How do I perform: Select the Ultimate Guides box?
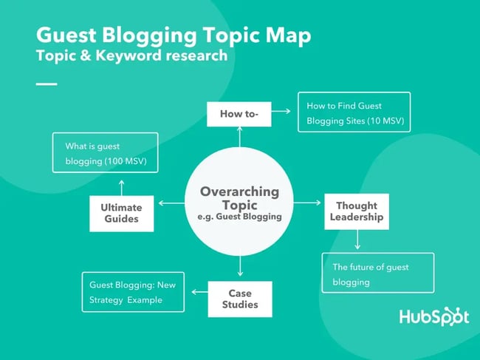[x=120, y=213]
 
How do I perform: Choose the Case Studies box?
[x=239, y=299]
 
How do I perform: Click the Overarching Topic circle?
[x=240, y=203]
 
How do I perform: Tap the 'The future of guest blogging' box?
[x=377, y=273]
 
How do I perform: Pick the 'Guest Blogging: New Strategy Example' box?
[x=133, y=291]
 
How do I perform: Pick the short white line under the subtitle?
[x=47, y=84]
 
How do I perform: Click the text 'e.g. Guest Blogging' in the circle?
[x=240, y=217]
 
